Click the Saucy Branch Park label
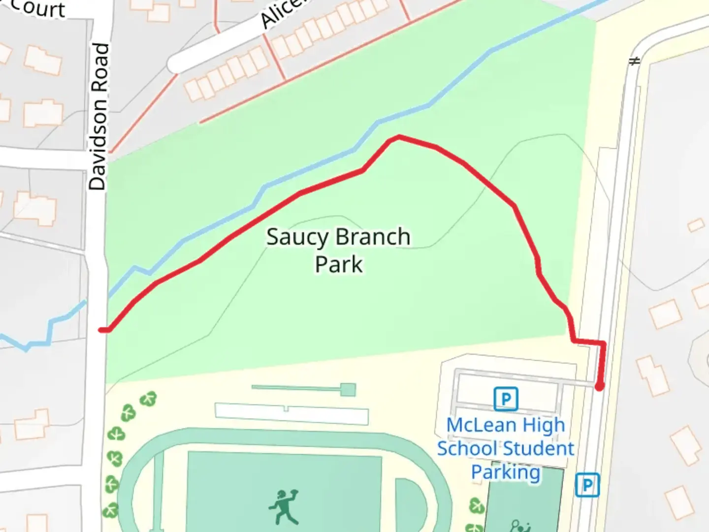(x=338, y=250)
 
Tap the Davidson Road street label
(x=98, y=117)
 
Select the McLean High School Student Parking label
(x=506, y=448)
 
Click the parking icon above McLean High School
(x=506, y=399)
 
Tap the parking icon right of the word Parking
(x=587, y=485)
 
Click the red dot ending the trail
(x=599, y=387)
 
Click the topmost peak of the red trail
(x=398, y=136)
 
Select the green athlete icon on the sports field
(x=284, y=506)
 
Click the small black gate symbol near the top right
(x=635, y=61)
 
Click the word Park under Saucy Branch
(x=339, y=265)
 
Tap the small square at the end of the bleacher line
(x=348, y=390)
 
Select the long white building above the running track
(x=291, y=413)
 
